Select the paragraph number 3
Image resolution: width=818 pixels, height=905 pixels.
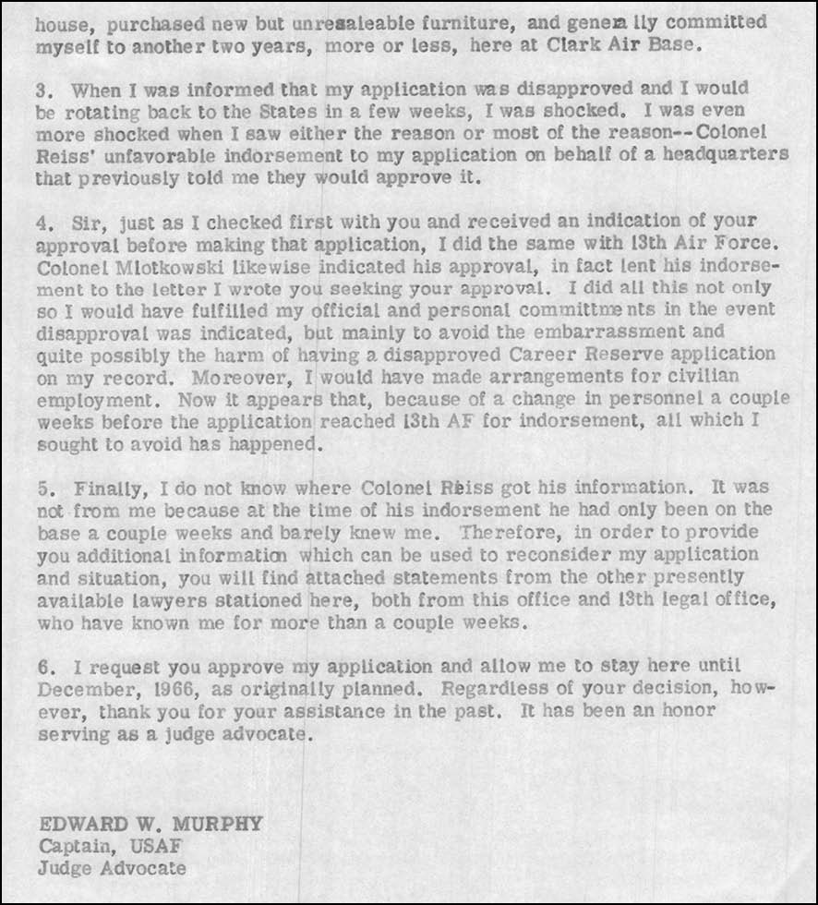(42, 90)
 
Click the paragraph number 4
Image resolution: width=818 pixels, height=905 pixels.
(42, 222)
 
